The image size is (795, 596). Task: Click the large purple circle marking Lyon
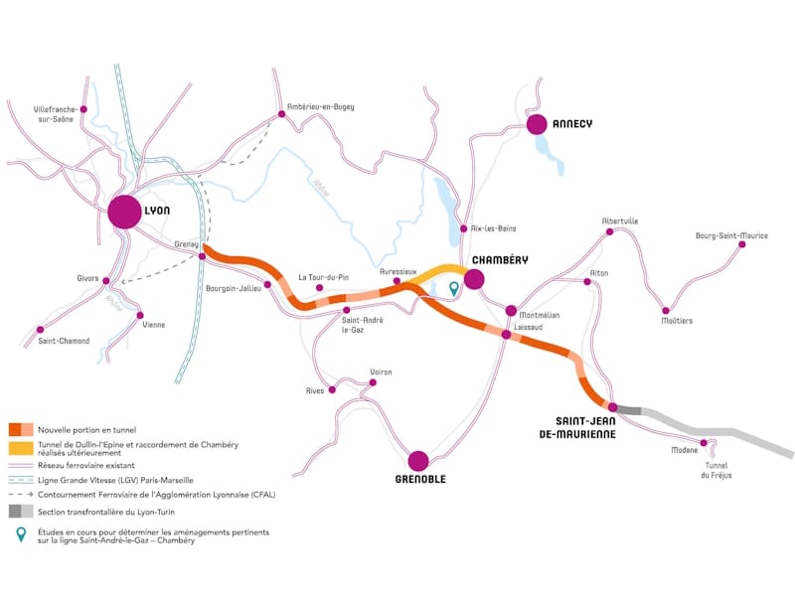click(x=125, y=212)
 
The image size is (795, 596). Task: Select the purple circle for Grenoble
click(x=418, y=460)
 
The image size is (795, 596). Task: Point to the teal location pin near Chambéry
click(x=454, y=288)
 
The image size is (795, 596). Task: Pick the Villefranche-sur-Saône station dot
click(x=83, y=109)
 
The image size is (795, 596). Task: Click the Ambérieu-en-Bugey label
click(x=320, y=106)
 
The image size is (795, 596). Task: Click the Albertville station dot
click(x=610, y=232)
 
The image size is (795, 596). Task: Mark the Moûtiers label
click(x=677, y=321)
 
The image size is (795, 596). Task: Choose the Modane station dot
click(x=704, y=443)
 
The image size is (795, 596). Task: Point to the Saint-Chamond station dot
click(x=41, y=329)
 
